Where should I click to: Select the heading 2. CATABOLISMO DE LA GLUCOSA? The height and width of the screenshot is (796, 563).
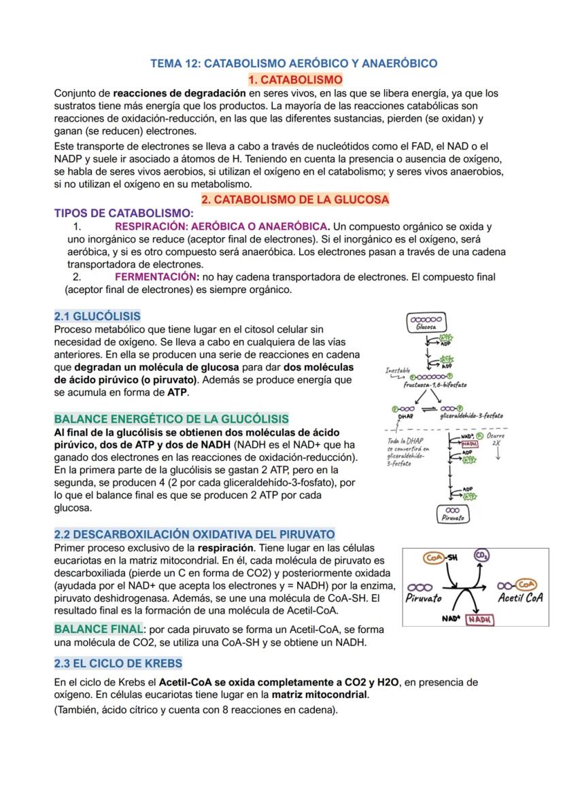point(295,199)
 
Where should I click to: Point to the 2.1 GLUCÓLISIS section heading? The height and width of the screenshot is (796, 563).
point(97,316)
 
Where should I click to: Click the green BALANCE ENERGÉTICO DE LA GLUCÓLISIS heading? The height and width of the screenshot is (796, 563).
point(171,419)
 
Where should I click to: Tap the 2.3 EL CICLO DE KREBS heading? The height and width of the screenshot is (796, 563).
point(118,663)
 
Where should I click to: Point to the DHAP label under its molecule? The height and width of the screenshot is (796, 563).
point(406,415)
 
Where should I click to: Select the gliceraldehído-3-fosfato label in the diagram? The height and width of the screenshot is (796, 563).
point(471,415)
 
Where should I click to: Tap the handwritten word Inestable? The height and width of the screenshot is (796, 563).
point(398,371)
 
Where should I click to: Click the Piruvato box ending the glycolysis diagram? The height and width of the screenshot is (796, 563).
point(451,515)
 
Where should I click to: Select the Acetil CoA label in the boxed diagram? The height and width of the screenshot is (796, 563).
point(519,599)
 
